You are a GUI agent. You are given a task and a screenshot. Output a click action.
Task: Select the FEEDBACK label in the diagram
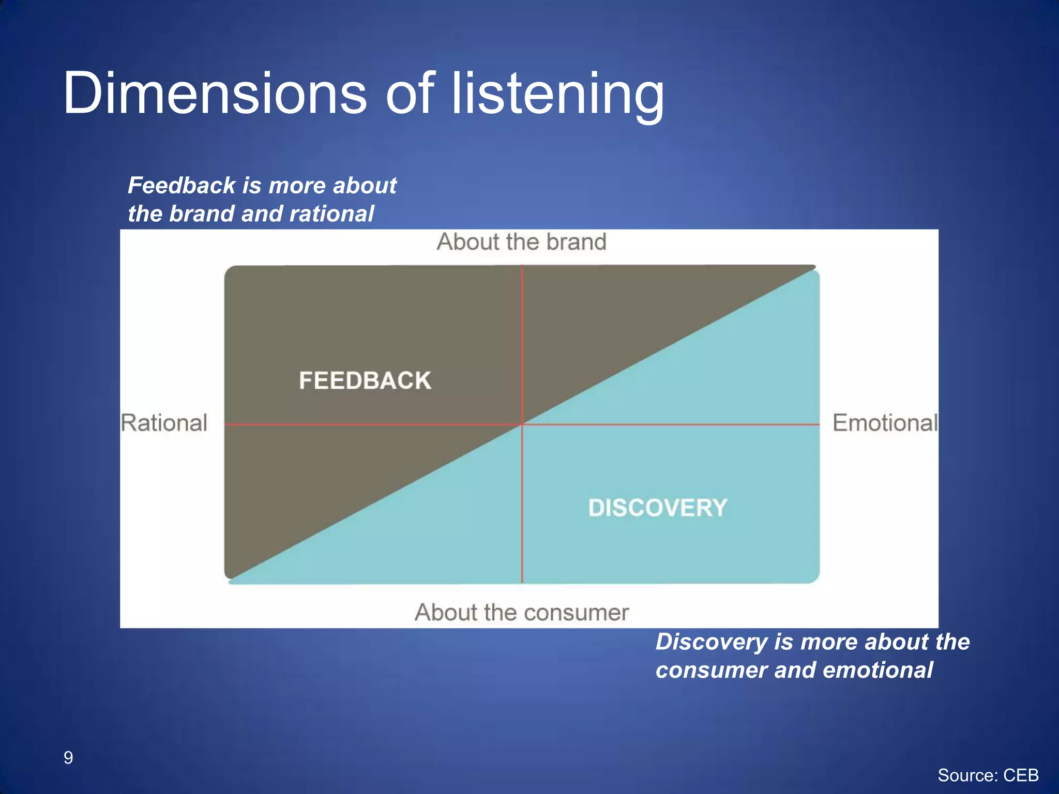pyautogui.click(x=365, y=381)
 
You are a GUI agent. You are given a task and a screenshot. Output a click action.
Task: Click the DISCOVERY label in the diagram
pyautogui.click(x=658, y=508)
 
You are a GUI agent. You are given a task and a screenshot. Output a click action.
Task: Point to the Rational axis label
pyautogui.click(x=164, y=423)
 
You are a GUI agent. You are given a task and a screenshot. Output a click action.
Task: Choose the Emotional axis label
pyautogui.click(x=885, y=423)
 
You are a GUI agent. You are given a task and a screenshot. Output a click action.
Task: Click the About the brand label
pyautogui.click(x=521, y=242)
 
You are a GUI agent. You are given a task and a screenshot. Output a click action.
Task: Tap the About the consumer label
pyautogui.click(x=521, y=613)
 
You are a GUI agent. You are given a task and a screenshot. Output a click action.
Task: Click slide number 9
pyautogui.click(x=68, y=758)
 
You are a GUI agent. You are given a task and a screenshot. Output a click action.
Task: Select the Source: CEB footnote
pyautogui.click(x=988, y=775)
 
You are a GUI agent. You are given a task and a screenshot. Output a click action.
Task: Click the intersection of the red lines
pyautogui.click(x=522, y=424)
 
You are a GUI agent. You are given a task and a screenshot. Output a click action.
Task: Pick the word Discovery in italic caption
pyautogui.click(x=711, y=642)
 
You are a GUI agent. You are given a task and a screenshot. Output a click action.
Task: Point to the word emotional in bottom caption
pyautogui.click(x=878, y=670)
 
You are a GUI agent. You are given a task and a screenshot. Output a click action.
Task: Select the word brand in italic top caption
pyautogui.click(x=201, y=214)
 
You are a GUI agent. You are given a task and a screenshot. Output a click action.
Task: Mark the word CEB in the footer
pyautogui.click(x=1021, y=775)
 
